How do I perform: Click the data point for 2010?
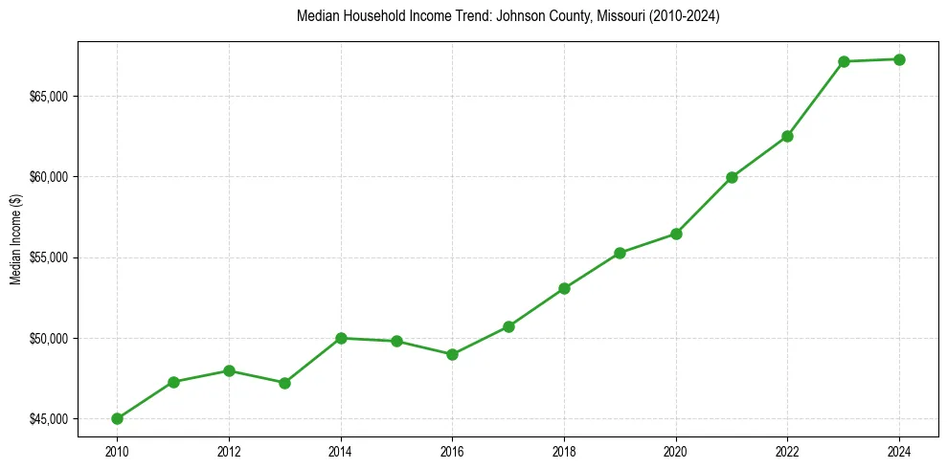coord(117,418)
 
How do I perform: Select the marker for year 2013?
coord(284,383)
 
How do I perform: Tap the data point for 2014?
coord(341,338)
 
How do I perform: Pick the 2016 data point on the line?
coord(452,354)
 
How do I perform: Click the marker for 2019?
coord(620,253)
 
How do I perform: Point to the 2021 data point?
coord(732,177)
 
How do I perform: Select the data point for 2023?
coord(844,61)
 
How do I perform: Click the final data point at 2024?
coord(899,59)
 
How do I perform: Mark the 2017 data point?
coord(508,326)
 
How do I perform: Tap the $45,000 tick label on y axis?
coord(49,419)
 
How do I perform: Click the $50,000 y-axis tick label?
coord(49,339)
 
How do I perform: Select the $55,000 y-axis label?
coord(49,257)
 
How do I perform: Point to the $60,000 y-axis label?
coord(49,177)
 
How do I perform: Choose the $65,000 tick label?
coord(49,97)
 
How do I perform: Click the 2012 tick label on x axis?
coord(229,451)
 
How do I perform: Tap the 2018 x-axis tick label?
coord(564,451)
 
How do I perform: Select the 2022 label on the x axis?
coord(787,451)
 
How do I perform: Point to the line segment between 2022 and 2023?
coord(816,99)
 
